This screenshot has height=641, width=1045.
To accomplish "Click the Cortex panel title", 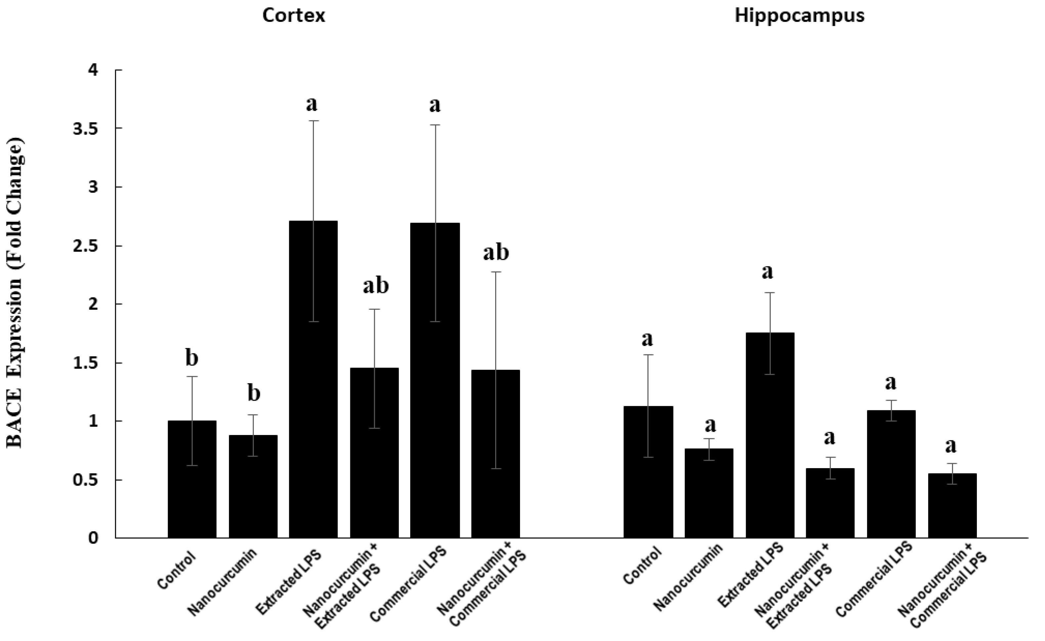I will click(x=293, y=16).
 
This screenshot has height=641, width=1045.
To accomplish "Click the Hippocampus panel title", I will click(x=799, y=16).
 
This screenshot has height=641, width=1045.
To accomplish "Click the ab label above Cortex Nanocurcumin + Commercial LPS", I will click(x=496, y=253).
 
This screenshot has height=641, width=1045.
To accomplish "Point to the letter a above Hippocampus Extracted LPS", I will click(x=767, y=272).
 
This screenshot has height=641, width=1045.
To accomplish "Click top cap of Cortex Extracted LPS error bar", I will click(x=313, y=121).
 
